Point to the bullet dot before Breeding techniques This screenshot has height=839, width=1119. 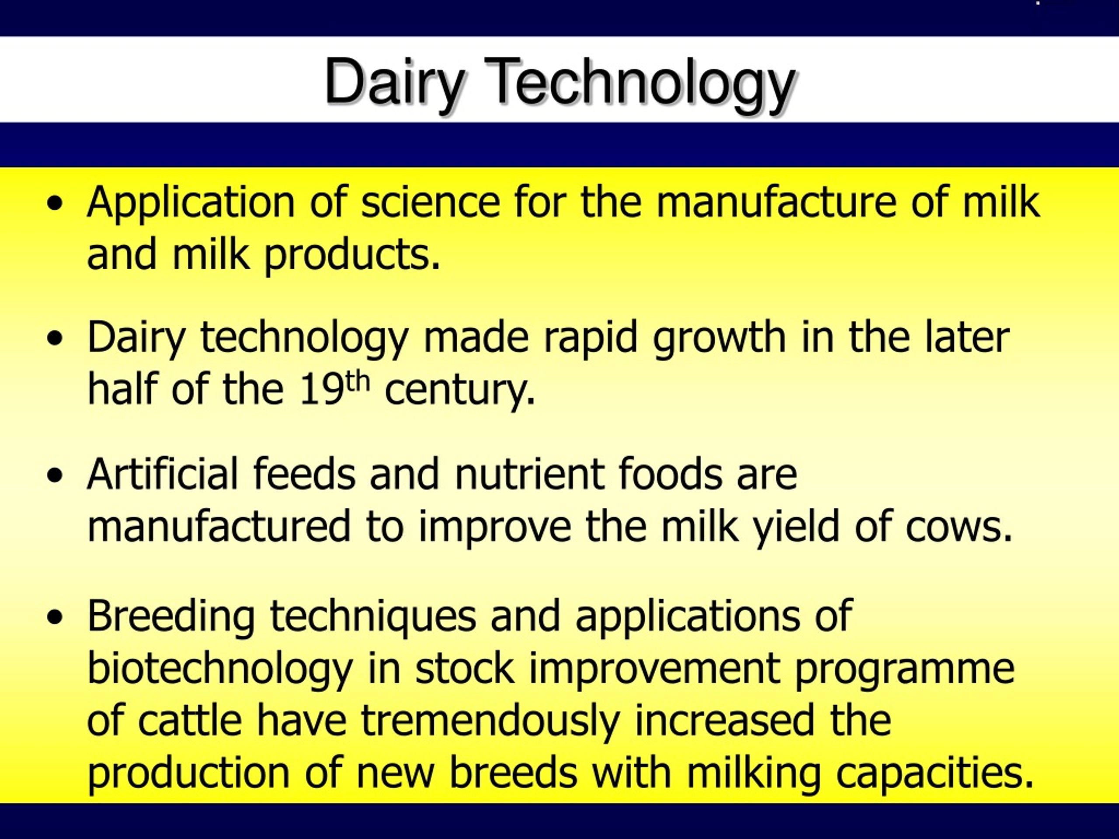(55, 617)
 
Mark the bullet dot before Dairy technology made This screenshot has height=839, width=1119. (55, 339)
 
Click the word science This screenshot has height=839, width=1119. (431, 202)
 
